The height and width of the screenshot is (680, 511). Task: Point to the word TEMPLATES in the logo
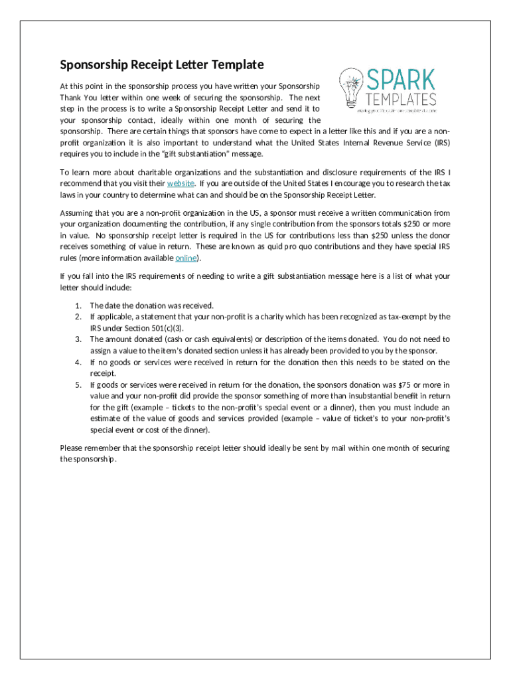[x=402, y=100]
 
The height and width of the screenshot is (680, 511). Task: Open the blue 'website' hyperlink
[x=181, y=183]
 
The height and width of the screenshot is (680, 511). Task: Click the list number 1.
[x=78, y=305]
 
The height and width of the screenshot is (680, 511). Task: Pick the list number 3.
[x=78, y=339]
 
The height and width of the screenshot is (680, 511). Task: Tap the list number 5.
[x=78, y=384]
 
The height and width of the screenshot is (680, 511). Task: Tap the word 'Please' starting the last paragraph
[x=72, y=448]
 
